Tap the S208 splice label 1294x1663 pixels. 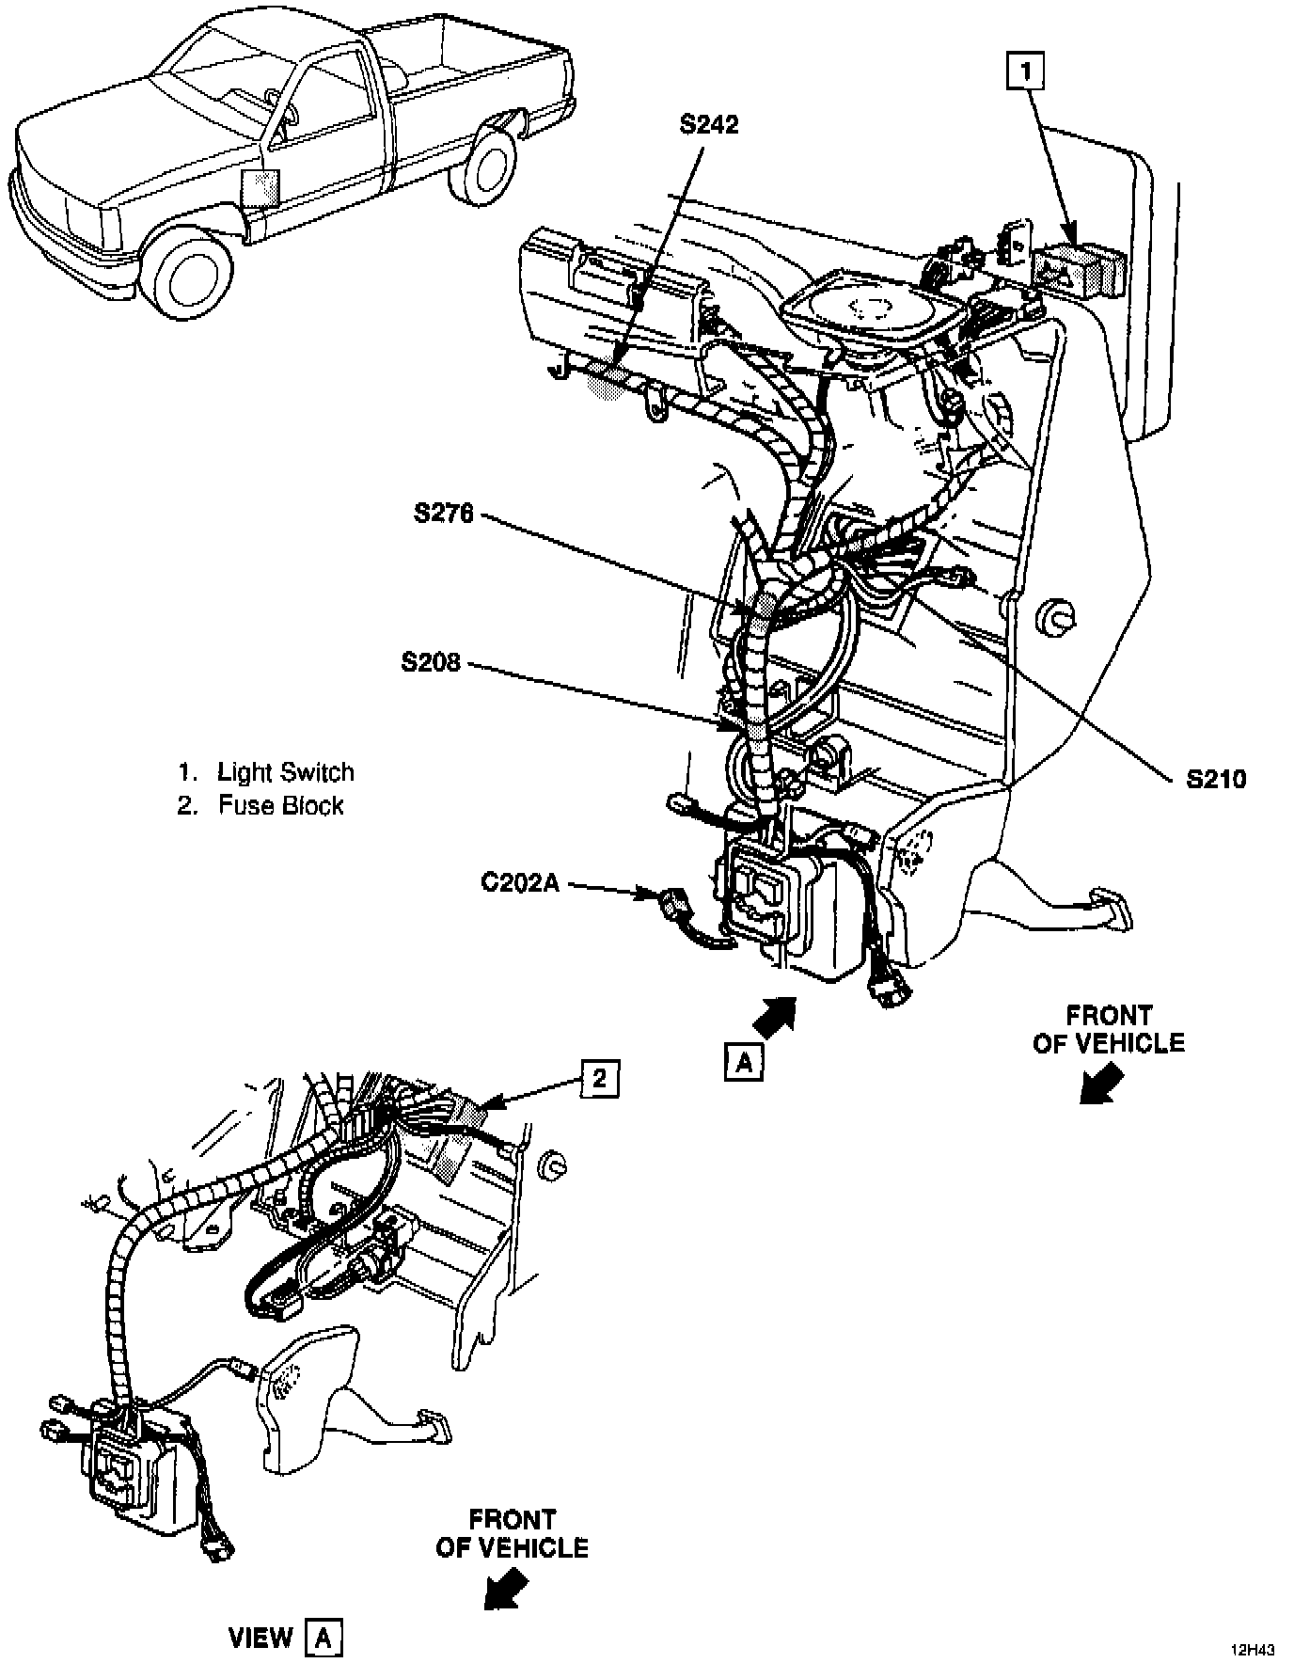(x=431, y=663)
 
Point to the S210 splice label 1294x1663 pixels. (x=1215, y=779)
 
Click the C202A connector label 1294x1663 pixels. (x=520, y=883)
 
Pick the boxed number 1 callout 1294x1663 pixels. (x=1026, y=72)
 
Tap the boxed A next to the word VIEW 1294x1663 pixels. (x=323, y=1612)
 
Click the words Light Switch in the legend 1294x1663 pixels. (x=286, y=772)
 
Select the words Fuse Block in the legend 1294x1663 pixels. (x=280, y=805)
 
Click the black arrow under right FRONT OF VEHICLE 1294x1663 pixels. (x=1101, y=1084)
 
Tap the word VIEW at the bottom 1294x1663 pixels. (x=260, y=1612)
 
